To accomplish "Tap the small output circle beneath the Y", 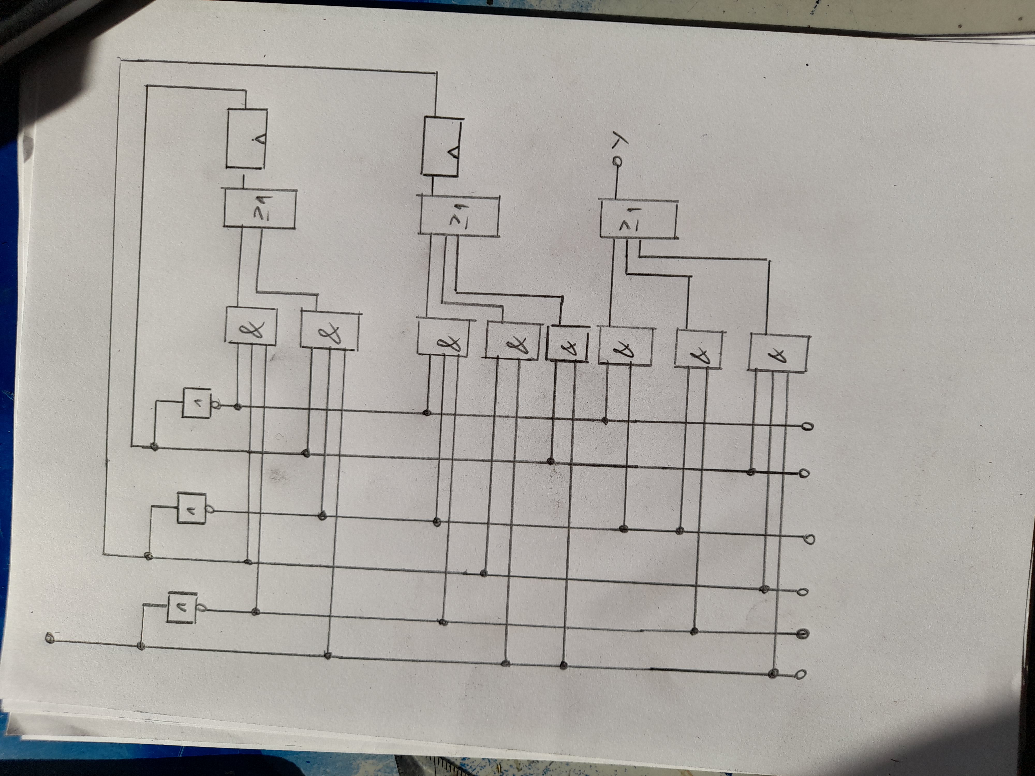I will (617, 162).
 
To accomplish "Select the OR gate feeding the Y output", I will (639, 219).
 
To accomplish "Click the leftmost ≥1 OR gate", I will (260, 209).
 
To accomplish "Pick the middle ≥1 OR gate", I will (459, 215).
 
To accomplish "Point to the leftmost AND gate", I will (251, 326).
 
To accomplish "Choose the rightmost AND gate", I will (779, 353).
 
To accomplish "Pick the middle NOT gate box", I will (191, 508).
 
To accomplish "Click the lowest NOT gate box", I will (182, 608).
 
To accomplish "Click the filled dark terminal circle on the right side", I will (802, 634).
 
